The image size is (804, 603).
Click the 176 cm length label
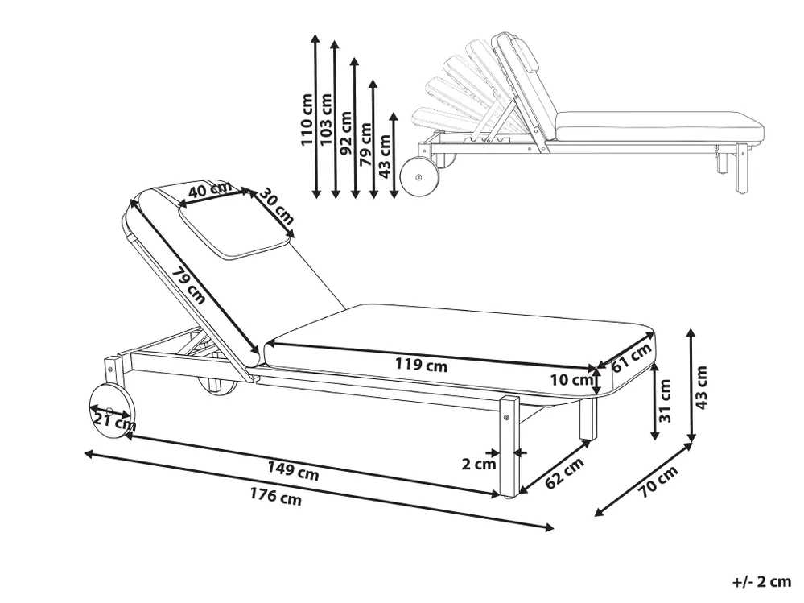(275, 496)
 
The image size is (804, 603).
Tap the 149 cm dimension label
(293, 471)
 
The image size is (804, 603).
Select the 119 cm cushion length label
(421, 365)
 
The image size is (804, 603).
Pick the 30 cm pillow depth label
(276, 207)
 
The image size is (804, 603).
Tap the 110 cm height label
(307, 119)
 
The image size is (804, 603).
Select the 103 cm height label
(326, 119)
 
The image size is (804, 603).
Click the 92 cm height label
(346, 133)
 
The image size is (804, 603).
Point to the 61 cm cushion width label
(632, 357)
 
